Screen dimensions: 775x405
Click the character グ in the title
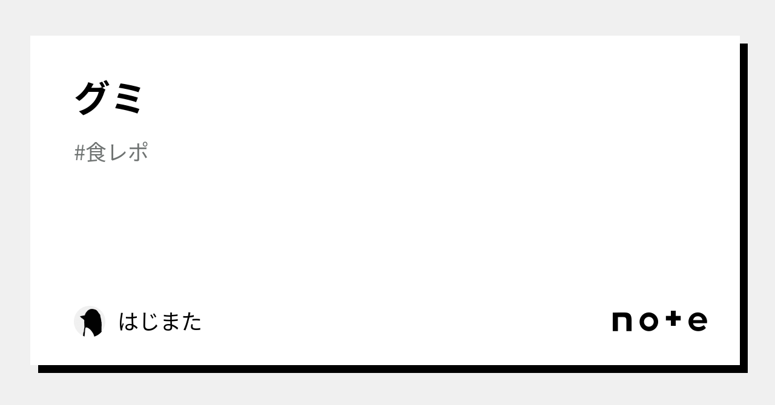point(91,98)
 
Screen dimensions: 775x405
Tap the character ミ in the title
point(128,99)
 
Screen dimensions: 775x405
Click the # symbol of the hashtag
point(79,153)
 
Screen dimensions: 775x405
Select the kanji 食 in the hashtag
point(96,152)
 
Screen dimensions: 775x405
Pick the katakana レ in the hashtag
point(117,152)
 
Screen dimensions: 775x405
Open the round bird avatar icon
point(90,322)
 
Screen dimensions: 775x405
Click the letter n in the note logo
point(622,322)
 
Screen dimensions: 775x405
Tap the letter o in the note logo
point(648,322)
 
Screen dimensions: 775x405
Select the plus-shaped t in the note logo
point(673,319)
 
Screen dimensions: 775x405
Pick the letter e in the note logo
point(698,322)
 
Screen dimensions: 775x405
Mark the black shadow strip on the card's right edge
point(744,208)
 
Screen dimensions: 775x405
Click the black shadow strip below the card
point(393,369)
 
